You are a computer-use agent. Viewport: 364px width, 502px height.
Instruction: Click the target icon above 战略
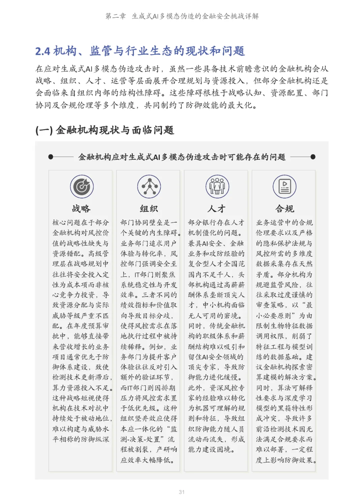pos(82,187)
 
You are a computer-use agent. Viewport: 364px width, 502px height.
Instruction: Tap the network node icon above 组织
pos(149,187)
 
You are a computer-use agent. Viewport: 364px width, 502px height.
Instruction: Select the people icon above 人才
pos(217,187)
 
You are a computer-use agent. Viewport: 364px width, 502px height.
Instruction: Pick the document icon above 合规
pos(285,187)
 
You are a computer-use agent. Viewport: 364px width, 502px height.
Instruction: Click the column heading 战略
pos(81,209)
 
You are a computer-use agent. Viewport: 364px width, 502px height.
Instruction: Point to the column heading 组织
pos(149,209)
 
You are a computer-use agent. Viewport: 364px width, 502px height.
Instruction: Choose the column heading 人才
pos(217,209)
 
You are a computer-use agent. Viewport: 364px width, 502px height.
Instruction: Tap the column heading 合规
pos(285,209)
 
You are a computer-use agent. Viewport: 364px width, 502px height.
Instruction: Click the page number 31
pos(182,492)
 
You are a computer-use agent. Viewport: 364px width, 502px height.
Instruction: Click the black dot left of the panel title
pos(51,157)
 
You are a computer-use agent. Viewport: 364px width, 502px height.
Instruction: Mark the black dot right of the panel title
pos(313,157)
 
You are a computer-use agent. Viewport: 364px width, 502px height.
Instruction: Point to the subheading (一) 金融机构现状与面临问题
pos(104,130)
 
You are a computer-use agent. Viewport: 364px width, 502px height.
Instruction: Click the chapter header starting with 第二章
pos(182,16)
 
